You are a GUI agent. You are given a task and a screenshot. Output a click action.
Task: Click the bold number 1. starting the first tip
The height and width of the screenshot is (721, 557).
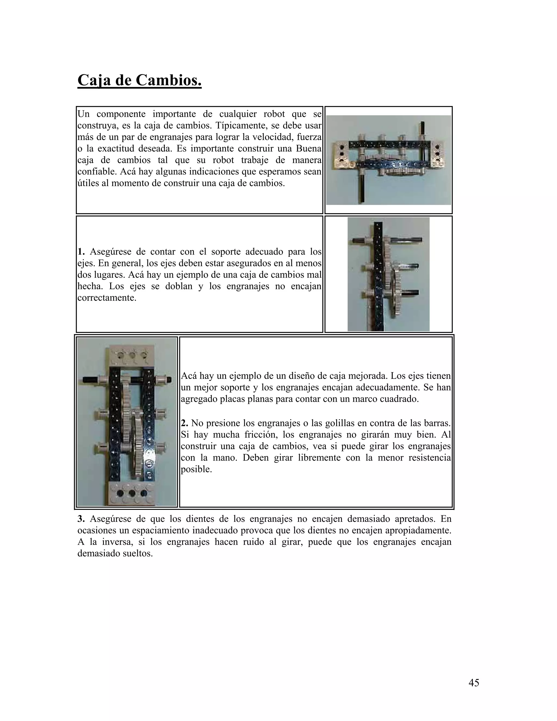[x=81, y=252]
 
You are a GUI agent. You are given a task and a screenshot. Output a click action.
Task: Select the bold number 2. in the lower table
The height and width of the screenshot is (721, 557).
[x=185, y=423]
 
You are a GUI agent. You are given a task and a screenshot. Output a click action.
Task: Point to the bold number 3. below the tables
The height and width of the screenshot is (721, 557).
[x=81, y=519]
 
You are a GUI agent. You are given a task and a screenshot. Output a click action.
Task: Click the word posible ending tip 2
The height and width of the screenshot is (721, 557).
[x=196, y=469]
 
